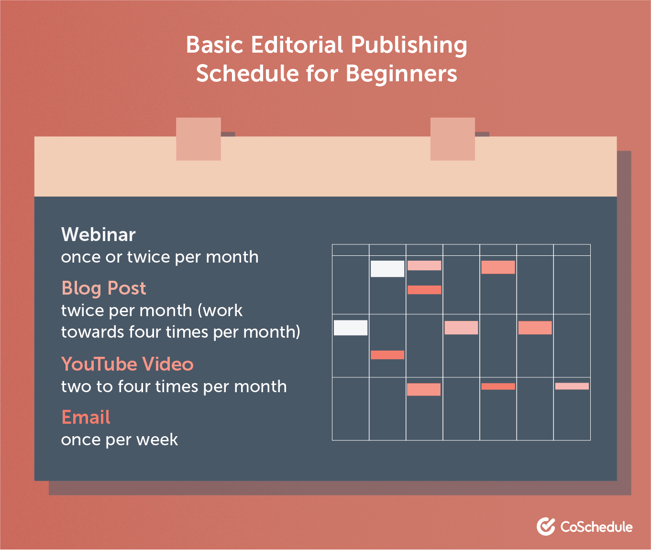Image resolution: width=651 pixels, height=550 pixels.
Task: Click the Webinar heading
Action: click(x=99, y=235)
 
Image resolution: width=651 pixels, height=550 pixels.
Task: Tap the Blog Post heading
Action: click(x=104, y=288)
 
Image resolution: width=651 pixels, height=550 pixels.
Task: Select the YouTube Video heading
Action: click(x=127, y=364)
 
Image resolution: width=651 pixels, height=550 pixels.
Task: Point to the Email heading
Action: click(x=86, y=418)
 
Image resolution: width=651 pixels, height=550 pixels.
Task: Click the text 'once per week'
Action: click(x=120, y=440)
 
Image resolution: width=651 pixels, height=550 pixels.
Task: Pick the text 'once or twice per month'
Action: click(x=160, y=257)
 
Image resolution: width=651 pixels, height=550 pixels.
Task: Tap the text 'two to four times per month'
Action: click(x=174, y=386)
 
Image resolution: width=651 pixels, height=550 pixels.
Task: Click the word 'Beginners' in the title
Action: click(x=401, y=74)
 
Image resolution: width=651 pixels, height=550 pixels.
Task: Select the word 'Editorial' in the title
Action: click(x=297, y=45)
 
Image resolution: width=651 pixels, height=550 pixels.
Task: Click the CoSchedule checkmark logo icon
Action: click(x=545, y=527)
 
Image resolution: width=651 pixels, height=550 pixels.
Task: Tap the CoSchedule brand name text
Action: click(x=596, y=527)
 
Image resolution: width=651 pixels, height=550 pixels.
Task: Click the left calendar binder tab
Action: click(x=199, y=139)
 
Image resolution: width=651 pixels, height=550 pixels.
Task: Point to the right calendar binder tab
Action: click(x=452, y=139)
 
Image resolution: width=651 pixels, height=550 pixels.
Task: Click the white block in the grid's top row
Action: click(x=387, y=269)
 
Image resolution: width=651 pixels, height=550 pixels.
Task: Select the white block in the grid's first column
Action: click(x=351, y=328)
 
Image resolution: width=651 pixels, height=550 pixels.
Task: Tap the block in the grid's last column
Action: click(x=572, y=386)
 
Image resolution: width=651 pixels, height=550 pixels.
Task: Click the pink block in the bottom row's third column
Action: click(x=424, y=389)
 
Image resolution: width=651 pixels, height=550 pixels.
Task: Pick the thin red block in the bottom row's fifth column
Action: click(x=498, y=386)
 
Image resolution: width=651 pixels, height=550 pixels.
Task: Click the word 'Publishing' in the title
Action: click(x=409, y=45)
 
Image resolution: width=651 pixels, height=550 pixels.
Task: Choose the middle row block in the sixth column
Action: click(x=535, y=328)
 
